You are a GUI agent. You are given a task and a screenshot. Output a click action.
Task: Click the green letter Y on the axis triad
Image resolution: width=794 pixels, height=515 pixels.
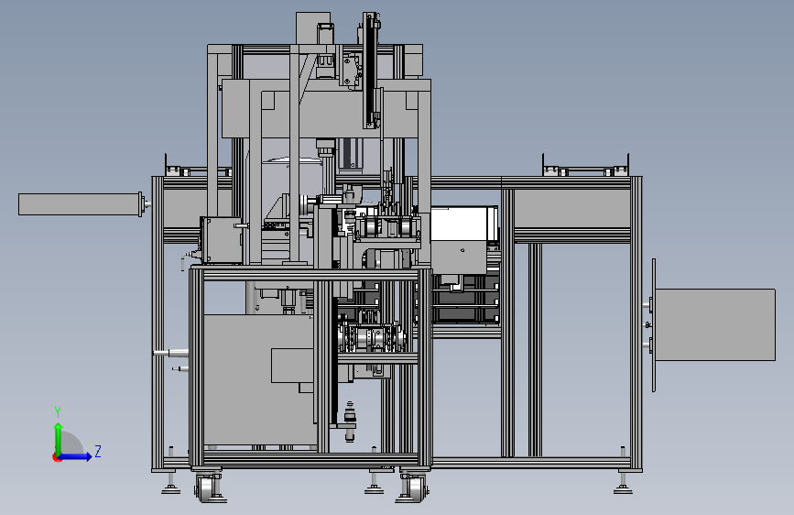tap(58, 412)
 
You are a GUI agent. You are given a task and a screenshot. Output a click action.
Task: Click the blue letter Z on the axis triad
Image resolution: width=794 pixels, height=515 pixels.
tap(98, 451)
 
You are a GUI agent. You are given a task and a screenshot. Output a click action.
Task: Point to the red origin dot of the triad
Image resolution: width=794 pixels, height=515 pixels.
tap(57, 457)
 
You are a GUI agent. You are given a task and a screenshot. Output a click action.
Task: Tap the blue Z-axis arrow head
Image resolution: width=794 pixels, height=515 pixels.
tap(89, 456)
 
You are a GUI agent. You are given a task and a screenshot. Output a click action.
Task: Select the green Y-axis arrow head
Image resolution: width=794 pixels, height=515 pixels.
tap(59, 427)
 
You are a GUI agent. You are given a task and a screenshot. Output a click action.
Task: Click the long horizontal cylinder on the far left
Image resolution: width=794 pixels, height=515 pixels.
tap(80, 203)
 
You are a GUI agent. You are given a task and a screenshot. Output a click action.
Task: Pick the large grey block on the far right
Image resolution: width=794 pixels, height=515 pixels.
tap(715, 324)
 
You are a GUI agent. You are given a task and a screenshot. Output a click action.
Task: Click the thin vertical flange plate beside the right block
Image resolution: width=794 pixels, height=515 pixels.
tap(654, 325)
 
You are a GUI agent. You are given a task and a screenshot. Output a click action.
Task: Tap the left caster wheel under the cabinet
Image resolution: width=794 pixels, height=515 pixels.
tap(206, 488)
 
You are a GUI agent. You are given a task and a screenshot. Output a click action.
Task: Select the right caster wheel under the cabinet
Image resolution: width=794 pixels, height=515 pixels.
tap(413, 488)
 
